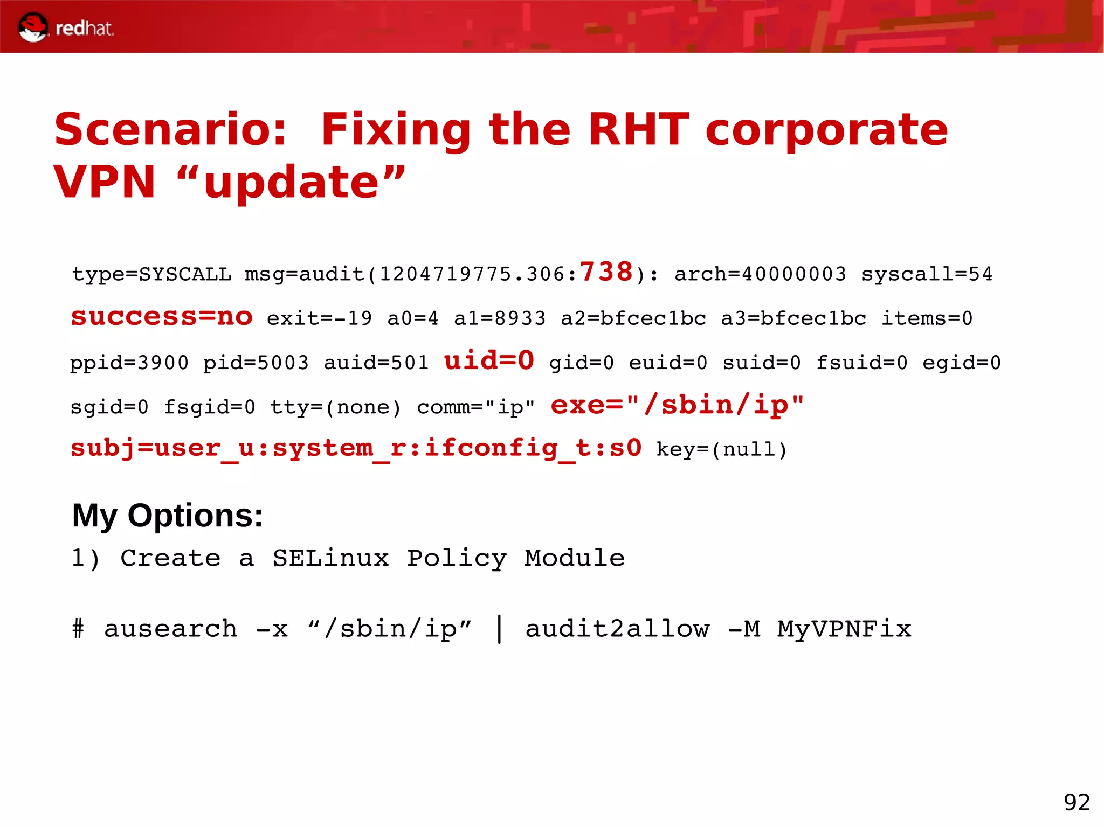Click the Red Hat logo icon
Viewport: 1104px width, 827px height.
(x=32, y=27)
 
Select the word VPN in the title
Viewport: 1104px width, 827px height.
(x=104, y=182)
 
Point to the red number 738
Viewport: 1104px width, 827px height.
(x=606, y=272)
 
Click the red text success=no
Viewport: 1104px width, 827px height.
(x=162, y=317)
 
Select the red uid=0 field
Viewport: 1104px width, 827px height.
(x=489, y=360)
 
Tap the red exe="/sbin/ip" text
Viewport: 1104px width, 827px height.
(x=677, y=405)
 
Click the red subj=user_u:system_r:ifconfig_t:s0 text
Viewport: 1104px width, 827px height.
(x=356, y=448)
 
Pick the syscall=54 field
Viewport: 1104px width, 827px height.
(x=927, y=274)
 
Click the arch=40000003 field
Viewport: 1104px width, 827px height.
(x=760, y=274)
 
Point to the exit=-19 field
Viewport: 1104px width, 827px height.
(x=319, y=318)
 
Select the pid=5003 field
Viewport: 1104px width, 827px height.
(x=256, y=363)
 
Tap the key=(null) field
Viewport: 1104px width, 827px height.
(x=722, y=449)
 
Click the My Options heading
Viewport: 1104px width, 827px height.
(x=167, y=516)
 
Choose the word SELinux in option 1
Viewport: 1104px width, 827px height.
(x=330, y=558)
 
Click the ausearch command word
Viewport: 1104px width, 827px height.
(x=170, y=629)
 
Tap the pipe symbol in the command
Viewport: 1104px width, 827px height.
(x=500, y=629)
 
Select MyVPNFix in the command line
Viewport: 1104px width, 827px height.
(x=844, y=629)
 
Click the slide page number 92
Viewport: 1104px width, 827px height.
(x=1077, y=802)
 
